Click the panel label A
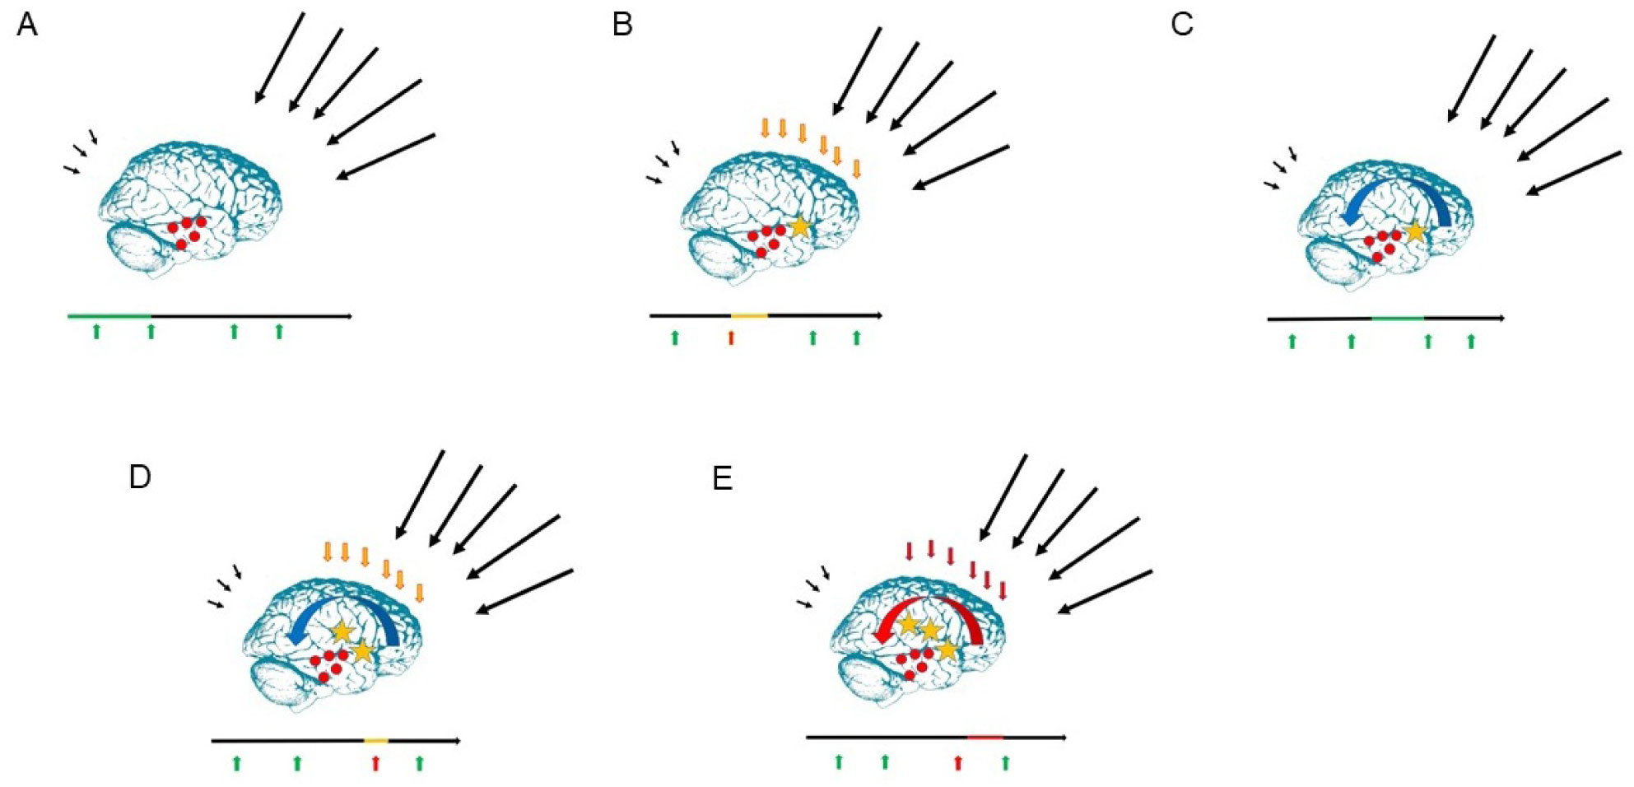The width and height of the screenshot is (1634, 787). click(27, 26)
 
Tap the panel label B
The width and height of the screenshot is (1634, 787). click(622, 26)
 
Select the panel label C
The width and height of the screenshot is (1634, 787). click(1181, 26)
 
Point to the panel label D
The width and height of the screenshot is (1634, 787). click(140, 477)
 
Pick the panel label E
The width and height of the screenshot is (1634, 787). click(722, 477)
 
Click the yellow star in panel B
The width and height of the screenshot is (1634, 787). click(799, 226)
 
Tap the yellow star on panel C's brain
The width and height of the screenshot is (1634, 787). click(1415, 231)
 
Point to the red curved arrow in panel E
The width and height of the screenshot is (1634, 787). click(930, 609)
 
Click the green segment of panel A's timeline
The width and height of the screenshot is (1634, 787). click(109, 315)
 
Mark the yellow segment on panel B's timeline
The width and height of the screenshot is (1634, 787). click(749, 315)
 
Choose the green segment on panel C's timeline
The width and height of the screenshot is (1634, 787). click(1398, 318)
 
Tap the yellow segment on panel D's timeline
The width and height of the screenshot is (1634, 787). click(376, 741)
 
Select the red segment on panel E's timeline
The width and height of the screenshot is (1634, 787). click(985, 737)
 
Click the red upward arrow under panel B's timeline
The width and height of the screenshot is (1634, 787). click(731, 338)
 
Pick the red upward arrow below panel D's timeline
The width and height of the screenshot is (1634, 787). click(376, 763)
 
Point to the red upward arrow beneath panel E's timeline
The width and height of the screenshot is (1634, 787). click(958, 762)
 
